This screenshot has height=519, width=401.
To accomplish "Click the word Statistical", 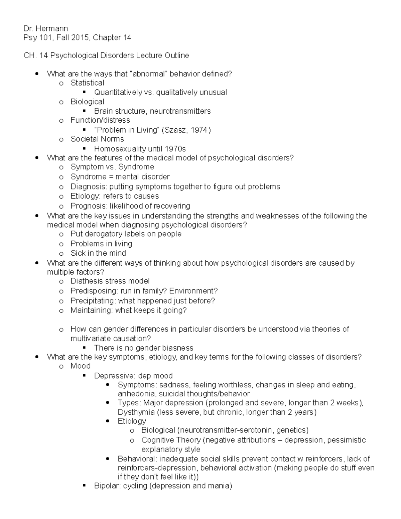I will [x=87, y=83].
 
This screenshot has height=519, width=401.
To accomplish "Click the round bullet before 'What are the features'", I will [x=37, y=158].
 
